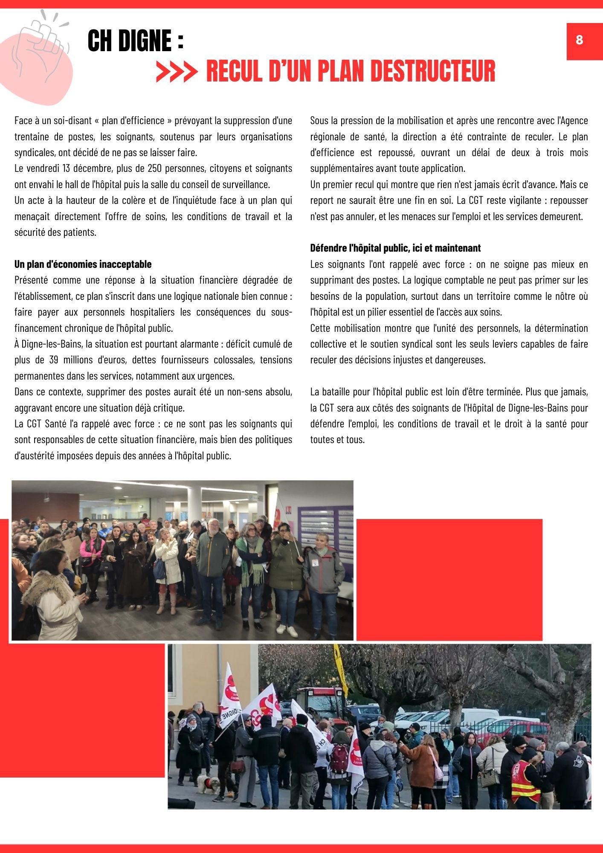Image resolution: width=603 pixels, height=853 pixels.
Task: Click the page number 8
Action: click(x=579, y=40)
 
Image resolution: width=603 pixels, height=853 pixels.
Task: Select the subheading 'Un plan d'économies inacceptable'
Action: click(x=83, y=264)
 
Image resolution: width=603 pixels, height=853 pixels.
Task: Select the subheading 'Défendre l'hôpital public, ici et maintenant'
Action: click(x=395, y=248)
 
